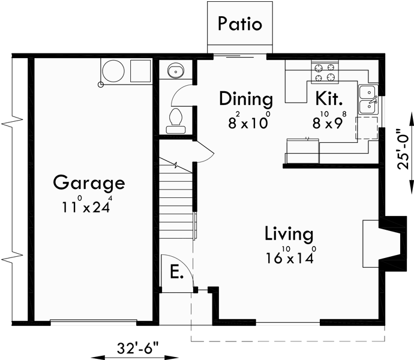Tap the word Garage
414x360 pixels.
pyautogui.click(x=88, y=182)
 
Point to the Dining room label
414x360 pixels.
pyautogui.click(x=245, y=98)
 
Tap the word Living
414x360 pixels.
pyautogui.click(x=290, y=233)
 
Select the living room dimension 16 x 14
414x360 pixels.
pyautogui.click(x=291, y=257)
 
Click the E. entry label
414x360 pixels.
pyautogui.click(x=176, y=272)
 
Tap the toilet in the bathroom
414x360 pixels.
pyautogui.click(x=176, y=118)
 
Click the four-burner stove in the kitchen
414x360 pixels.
pyautogui.click(x=325, y=72)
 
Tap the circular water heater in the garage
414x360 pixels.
pyautogui.click(x=112, y=71)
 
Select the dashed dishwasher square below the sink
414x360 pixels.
pyautogui.click(x=366, y=128)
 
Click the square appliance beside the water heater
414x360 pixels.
pyautogui.click(x=140, y=71)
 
